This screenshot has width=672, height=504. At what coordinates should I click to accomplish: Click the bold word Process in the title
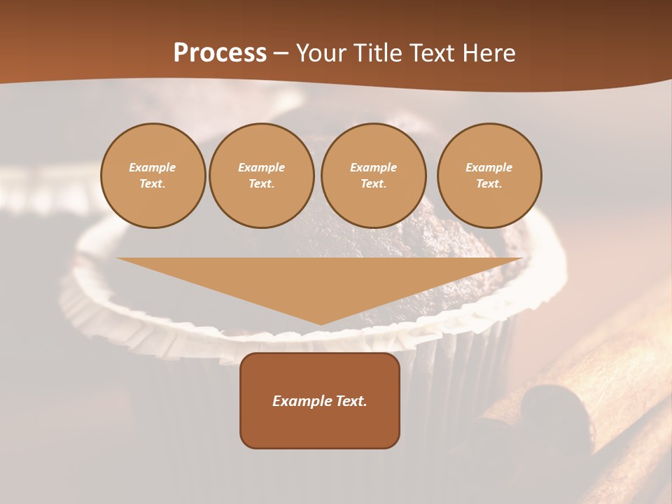pyautogui.click(x=220, y=53)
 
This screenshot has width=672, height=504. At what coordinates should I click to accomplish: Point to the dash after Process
pyautogui.click(x=281, y=54)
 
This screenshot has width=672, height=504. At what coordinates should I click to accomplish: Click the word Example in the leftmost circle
pyautogui.click(x=153, y=167)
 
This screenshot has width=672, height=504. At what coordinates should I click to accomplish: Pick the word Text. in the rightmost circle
pyautogui.click(x=489, y=183)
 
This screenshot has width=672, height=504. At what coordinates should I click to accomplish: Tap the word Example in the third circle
pyautogui.click(x=373, y=167)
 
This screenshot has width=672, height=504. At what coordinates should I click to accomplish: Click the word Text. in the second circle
pyautogui.click(x=261, y=183)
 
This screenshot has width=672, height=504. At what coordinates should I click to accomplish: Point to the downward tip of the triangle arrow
pyautogui.click(x=321, y=323)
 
